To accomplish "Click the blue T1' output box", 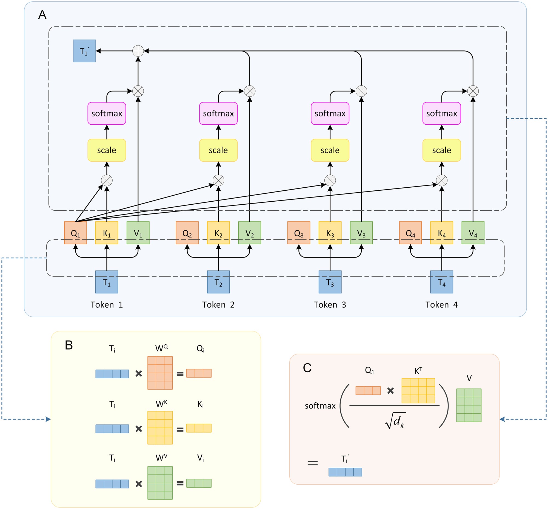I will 84,51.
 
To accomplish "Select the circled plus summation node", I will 138,51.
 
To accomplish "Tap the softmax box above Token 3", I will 330,113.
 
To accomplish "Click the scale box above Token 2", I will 218,150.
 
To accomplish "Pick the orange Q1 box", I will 76,233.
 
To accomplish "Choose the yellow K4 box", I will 441,233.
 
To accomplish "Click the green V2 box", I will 249,233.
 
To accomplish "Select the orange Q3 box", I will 299,233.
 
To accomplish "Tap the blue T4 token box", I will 441,282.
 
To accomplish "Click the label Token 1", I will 107,305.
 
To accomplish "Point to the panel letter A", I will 42,15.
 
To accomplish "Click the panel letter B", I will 69,345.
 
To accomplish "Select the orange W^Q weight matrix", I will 160,373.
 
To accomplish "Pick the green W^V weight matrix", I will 160,483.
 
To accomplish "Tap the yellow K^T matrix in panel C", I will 418,391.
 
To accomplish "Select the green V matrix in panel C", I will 469,405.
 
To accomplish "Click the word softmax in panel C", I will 320,406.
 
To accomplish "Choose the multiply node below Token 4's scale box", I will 441,181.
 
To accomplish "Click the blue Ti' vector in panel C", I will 345,472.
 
